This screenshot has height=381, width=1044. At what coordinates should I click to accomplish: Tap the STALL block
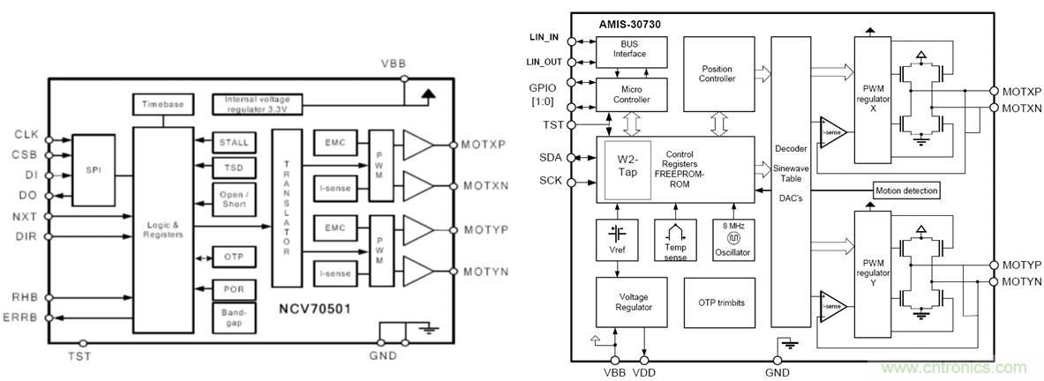click(236, 142)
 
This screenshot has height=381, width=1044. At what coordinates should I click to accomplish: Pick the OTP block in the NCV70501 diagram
click(236, 258)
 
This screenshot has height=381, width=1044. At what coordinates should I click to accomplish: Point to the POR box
click(236, 289)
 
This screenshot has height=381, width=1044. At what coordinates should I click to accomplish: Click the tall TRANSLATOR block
click(286, 208)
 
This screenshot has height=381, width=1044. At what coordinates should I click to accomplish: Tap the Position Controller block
click(717, 73)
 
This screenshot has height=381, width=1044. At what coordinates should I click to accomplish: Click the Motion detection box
click(906, 190)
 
